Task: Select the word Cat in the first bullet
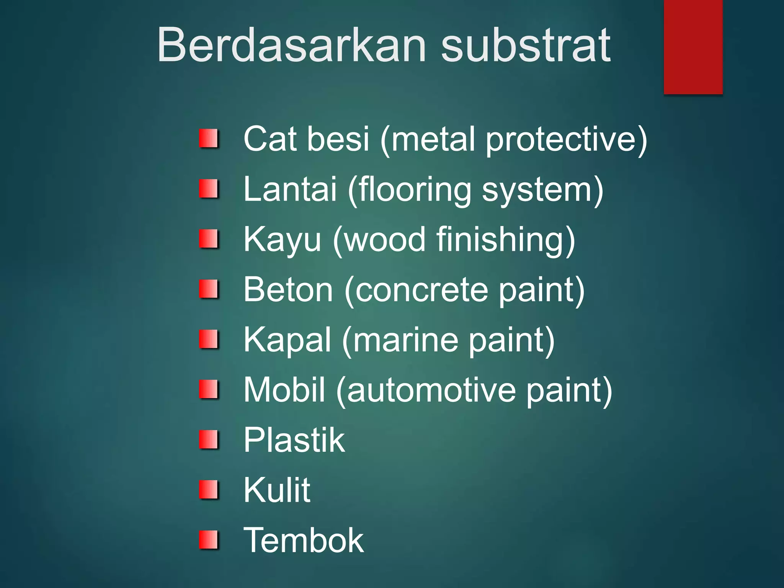click(269, 139)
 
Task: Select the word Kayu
click(282, 240)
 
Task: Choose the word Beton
click(288, 289)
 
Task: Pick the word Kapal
click(287, 340)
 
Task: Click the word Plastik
click(294, 440)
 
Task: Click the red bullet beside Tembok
click(209, 540)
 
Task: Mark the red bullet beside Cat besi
click(209, 139)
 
